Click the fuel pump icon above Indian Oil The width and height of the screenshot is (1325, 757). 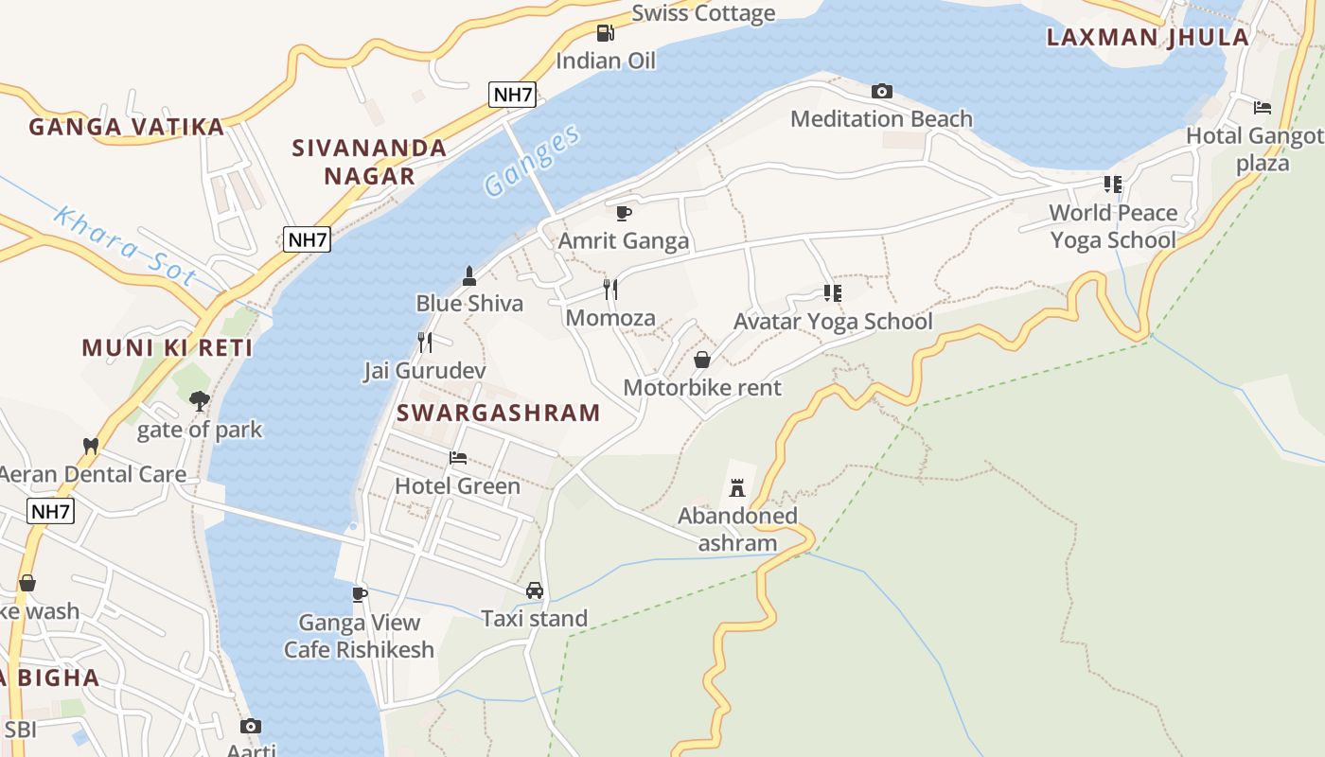tap(606, 33)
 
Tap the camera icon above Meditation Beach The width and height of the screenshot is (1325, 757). tap(882, 92)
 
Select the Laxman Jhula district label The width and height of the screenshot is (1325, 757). tap(1147, 38)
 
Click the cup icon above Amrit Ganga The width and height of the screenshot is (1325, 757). tap(623, 213)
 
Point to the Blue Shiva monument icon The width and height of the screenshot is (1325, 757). tap(468, 276)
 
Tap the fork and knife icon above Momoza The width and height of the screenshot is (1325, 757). tap(610, 290)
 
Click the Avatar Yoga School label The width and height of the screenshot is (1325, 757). tap(833, 322)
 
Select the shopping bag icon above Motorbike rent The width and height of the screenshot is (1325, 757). tap(702, 360)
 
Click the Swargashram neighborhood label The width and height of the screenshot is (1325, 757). tap(498, 413)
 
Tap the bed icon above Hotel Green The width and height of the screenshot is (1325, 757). tap(458, 458)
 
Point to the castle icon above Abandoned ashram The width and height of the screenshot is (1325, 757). tap(737, 488)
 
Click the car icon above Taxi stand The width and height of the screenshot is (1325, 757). tap(535, 590)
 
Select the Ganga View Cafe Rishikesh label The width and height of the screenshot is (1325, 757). tap(359, 636)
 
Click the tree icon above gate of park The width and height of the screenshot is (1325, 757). tap(199, 401)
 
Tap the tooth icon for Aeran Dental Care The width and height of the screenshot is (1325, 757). tap(91, 446)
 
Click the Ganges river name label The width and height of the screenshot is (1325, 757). tap(532, 162)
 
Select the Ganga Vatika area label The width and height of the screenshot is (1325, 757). tap(127, 127)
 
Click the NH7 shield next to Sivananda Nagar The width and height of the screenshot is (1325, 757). tap(307, 239)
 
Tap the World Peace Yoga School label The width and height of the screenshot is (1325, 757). tap(1113, 226)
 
